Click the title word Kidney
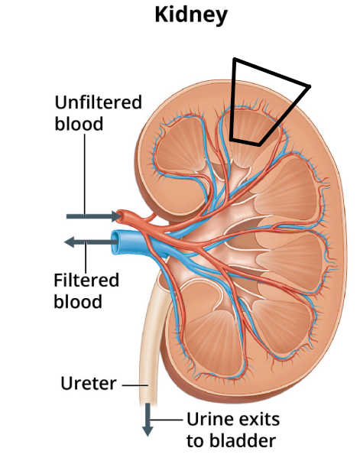click(191, 15)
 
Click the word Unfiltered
click(99, 102)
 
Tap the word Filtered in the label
click(86, 280)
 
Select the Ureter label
click(89, 384)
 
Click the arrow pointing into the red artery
click(93, 216)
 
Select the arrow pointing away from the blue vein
click(91, 242)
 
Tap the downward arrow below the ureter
click(148, 420)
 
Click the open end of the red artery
click(120, 216)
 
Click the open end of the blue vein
click(115, 242)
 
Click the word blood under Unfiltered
click(79, 124)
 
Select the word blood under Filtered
click(78, 301)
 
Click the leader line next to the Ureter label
click(135, 385)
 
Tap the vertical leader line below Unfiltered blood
click(85, 174)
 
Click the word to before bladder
click(196, 441)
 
